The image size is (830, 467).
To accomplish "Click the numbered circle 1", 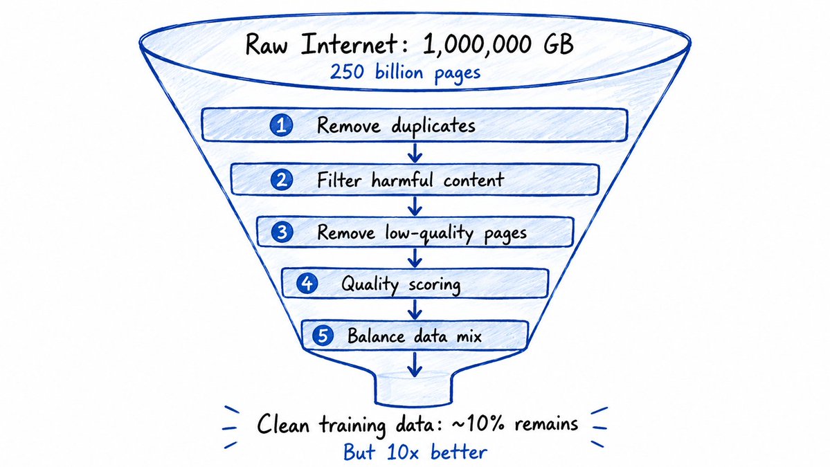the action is (x=281, y=126).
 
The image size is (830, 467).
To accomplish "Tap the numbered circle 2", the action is (x=282, y=180).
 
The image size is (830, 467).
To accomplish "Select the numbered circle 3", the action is (x=282, y=232).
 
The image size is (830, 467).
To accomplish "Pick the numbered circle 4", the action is (x=307, y=284).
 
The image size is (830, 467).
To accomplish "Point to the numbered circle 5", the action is (x=323, y=336).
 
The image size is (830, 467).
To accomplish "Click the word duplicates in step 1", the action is (x=433, y=127).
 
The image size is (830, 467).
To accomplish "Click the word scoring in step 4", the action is (x=434, y=286).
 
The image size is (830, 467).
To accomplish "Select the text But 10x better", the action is (x=415, y=452).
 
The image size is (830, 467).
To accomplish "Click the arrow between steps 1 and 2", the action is (x=415, y=152).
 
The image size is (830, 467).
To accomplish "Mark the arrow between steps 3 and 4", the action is (x=415, y=257).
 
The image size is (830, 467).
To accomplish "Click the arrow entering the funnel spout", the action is (x=415, y=365).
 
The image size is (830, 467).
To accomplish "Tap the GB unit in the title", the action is (x=559, y=44).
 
